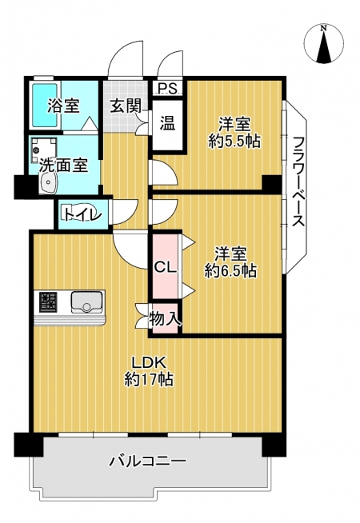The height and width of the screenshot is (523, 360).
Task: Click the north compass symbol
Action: [324, 44]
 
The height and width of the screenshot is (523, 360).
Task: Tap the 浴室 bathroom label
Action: [63, 106]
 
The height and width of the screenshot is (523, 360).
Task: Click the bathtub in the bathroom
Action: [45, 106]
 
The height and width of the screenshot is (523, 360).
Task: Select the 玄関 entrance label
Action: [126, 106]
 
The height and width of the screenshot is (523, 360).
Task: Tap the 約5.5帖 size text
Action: [234, 142]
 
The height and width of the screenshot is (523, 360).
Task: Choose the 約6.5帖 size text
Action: [230, 271]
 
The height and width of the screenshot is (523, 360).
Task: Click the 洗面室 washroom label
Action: [63, 165]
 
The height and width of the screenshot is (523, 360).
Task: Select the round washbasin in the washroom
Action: [49, 183]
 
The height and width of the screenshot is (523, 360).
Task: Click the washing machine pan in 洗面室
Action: [43, 150]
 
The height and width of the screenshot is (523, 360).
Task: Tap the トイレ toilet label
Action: [82, 214]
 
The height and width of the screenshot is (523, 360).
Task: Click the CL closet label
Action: [165, 267]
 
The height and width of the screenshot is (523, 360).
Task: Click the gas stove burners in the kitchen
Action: [49, 301]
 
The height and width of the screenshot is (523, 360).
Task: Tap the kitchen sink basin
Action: [86, 302]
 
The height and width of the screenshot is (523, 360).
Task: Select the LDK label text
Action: [149, 362]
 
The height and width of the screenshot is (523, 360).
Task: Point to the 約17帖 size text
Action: [149, 379]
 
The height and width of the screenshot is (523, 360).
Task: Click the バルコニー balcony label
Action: [148, 461]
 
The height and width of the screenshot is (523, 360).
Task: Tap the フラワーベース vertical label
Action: [298, 182]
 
